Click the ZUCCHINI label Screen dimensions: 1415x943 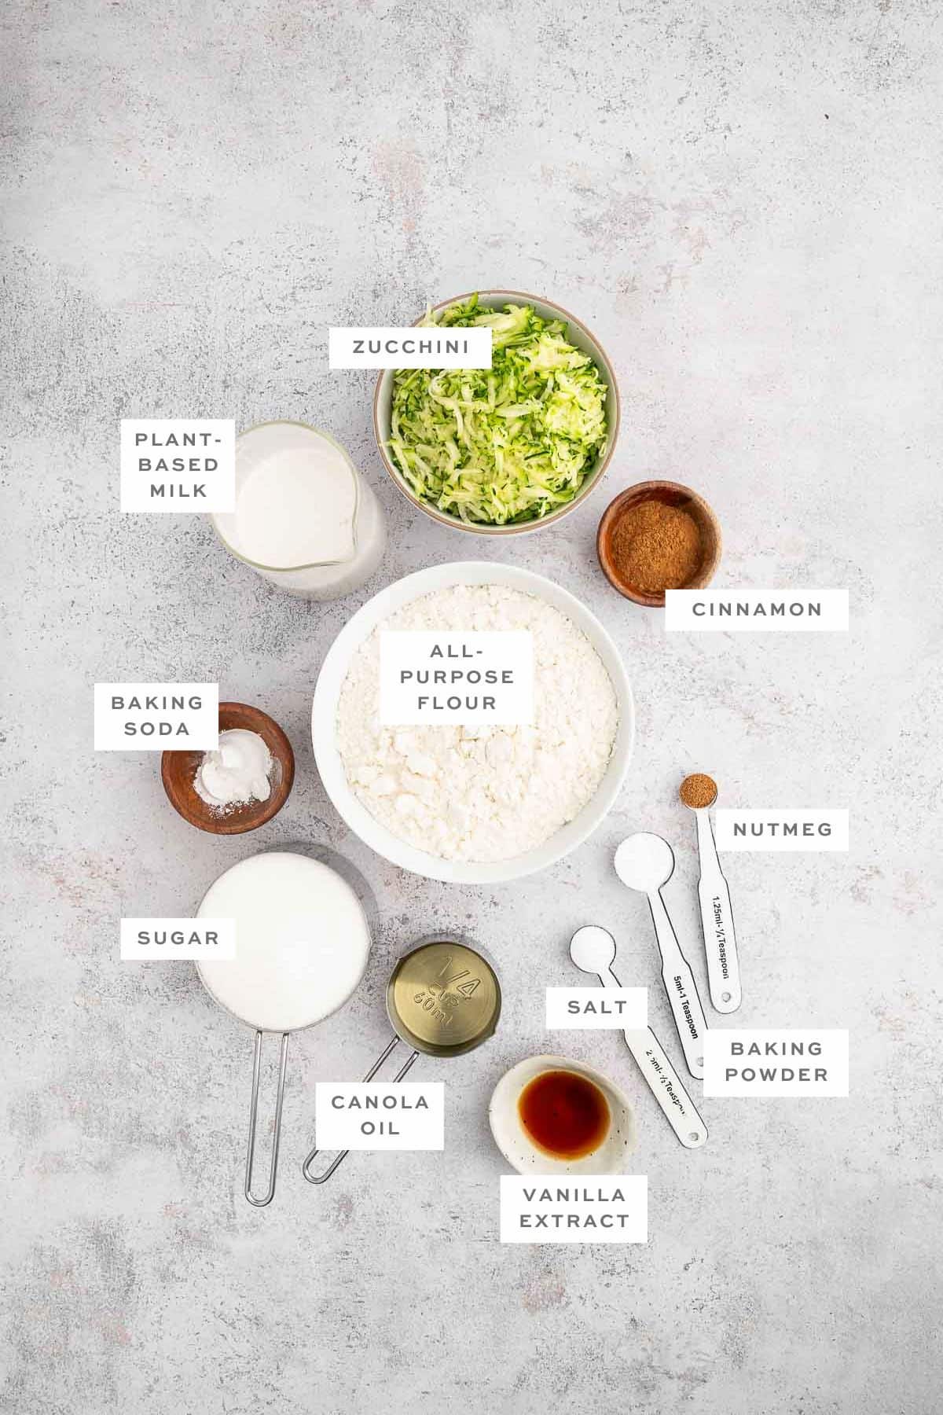(x=410, y=347)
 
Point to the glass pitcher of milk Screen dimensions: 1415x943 (x=295, y=511)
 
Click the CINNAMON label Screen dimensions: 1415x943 (x=756, y=609)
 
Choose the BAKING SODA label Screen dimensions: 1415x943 (x=156, y=715)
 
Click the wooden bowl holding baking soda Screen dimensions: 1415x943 (x=228, y=766)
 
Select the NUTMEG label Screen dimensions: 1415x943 (x=781, y=829)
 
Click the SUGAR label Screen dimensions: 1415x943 (x=178, y=938)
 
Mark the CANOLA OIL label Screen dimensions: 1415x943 (x=380, y=1114)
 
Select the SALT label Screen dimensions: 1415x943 (x=597, y=1007)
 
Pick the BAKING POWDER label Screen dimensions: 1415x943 (x=775, y=1061)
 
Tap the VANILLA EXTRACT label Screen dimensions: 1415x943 (x=574, y=1207)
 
